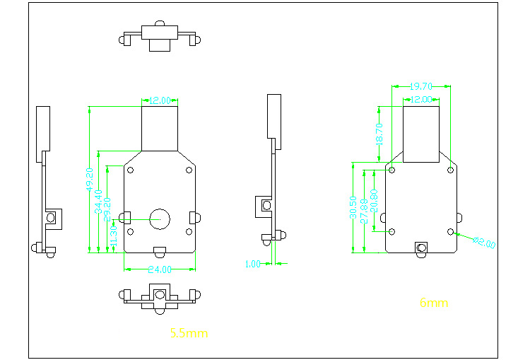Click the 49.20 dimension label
[x=90, y=180]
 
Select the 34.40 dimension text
[x=99, y=201]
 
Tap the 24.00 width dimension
[x=160, y=269]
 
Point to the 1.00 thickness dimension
[x=252, y=263]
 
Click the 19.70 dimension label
[x=421, y=86]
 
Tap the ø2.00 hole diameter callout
[x=484, y=242]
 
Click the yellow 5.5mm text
[x=189, y=332]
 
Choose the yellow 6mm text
[x=434, y=303]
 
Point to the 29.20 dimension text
[x=107, y=209]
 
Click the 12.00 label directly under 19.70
[x=421, y=100]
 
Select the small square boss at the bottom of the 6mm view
[x=422, y=248]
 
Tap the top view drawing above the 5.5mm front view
[x=160, y=36]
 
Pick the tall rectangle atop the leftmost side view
[x=43, y=132]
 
